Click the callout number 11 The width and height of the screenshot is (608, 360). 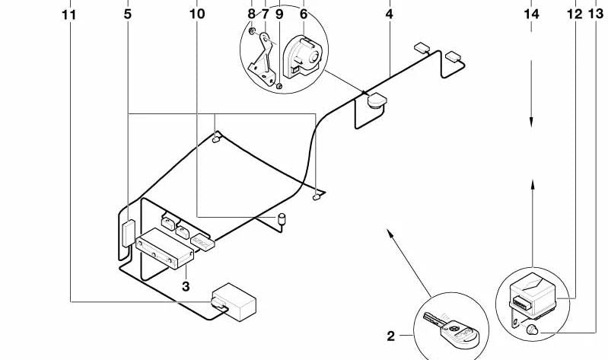[69, 15]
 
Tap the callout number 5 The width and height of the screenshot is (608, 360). [128, 14]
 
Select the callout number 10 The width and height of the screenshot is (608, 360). [197, 14]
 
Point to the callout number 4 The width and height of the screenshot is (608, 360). [390, 14]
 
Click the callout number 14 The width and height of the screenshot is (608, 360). [531, 14]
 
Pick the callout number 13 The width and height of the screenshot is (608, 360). [596, 14]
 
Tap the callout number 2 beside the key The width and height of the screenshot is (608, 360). [391, 336]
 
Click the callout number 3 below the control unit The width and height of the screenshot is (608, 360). [186, 287]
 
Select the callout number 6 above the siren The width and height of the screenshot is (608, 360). [304, 14]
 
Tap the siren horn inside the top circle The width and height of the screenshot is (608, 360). [302, 56]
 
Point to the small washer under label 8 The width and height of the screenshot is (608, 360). [252, 30]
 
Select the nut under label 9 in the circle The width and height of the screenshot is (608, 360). [279, 85]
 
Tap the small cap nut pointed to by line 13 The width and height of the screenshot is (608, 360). [533, 330]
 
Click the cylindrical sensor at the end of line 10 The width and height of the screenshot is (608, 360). [282, 219]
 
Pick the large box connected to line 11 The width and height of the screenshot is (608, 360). [234, 302]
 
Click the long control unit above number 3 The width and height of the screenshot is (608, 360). [164, 248]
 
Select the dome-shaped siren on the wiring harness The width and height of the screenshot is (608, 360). [377, 100]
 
